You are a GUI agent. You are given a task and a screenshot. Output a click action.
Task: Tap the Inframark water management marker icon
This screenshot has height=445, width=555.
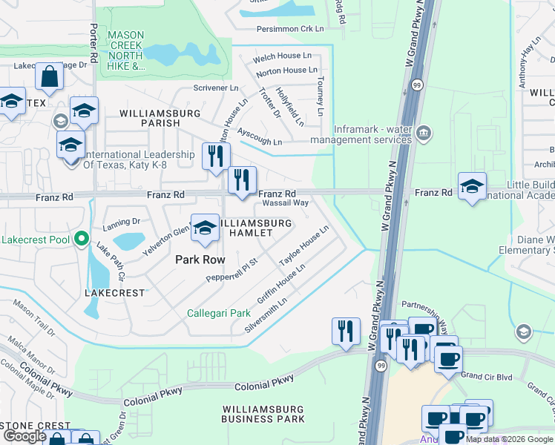coord(424,133)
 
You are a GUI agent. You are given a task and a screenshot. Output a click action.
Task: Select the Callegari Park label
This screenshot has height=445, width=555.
coord(218,313)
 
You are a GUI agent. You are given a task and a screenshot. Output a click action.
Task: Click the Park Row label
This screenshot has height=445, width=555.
coord(199,260)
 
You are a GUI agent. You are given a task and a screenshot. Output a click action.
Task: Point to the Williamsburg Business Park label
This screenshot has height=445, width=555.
coord(263,414)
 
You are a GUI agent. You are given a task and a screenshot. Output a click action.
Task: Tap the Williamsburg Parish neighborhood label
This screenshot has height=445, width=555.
coord(160,118)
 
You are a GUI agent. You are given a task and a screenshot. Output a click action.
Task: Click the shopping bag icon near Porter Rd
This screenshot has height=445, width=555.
coord(49,76)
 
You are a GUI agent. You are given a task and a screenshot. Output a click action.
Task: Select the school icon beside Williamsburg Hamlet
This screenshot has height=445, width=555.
coord(205,229)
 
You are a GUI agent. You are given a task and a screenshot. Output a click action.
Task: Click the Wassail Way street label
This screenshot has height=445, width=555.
coord(284,202)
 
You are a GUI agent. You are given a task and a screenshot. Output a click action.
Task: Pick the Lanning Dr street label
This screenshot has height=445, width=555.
coord(122,221)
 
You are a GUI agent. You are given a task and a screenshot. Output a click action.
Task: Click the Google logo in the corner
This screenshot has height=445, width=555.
coord(25,436)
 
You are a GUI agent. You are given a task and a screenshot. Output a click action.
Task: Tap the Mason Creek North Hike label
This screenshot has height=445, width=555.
coord(126,50)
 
